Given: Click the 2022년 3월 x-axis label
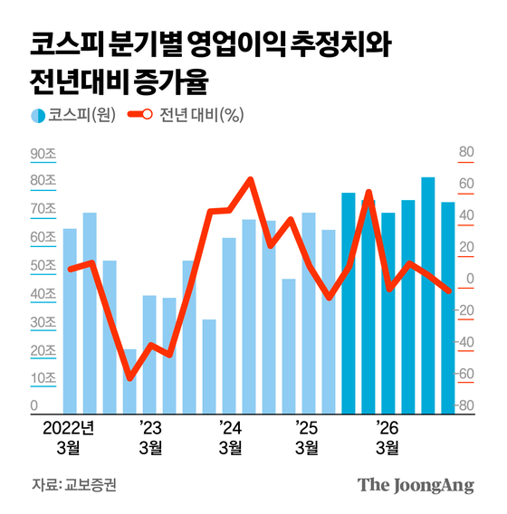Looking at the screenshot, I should point(69,435).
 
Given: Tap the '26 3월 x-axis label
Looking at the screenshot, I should point(387,435).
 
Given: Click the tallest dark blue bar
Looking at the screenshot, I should point(427,294).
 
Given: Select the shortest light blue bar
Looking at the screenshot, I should point(129,380).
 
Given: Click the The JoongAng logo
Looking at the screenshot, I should point(416,485).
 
